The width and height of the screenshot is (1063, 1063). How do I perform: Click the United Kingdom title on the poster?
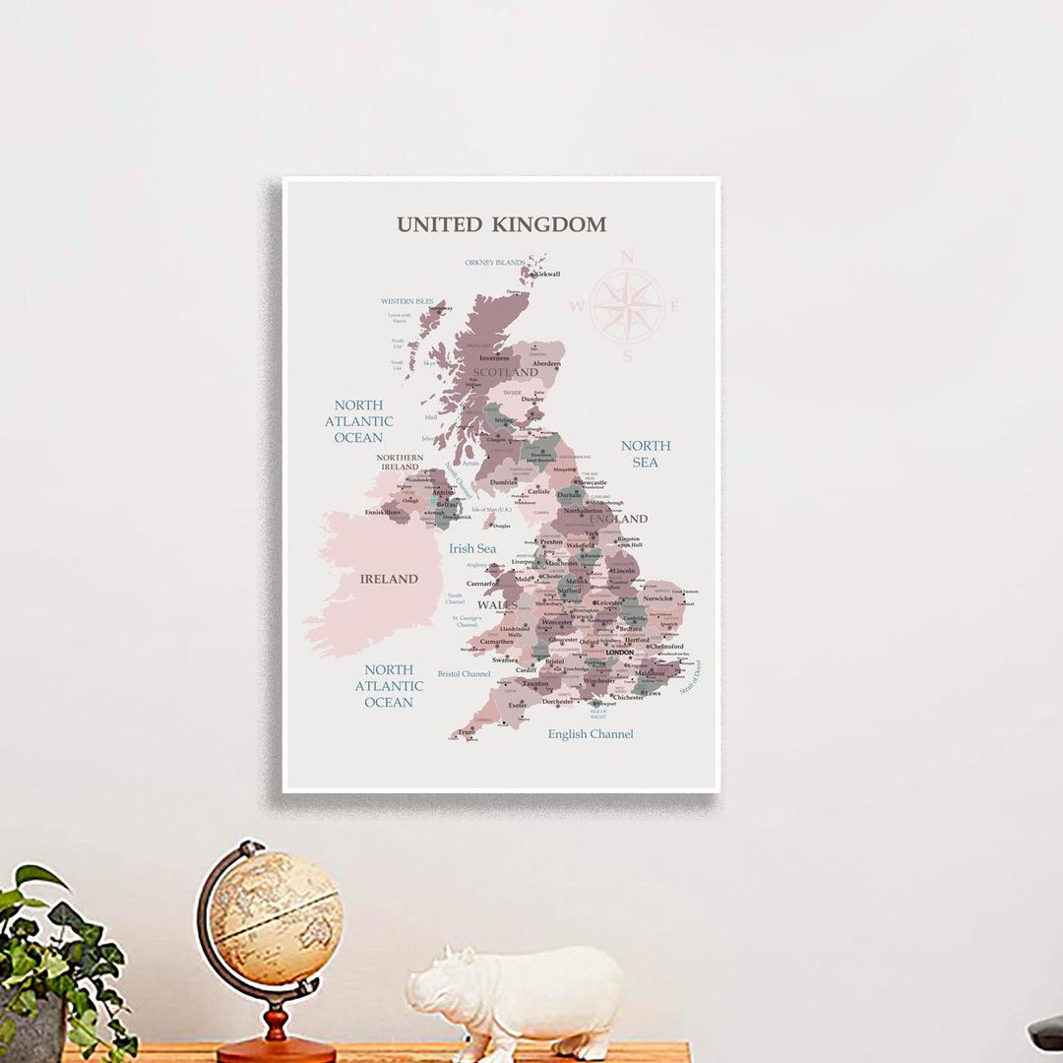coord(501,224)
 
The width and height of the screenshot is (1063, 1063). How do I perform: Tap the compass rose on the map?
coord(627,306)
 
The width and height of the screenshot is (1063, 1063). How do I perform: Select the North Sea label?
coord(645,454)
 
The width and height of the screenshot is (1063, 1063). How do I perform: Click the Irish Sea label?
coord(472,548)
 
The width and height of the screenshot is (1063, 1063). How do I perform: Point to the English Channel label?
coord(591,734)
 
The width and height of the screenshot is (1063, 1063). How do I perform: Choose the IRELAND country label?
coord(388,579)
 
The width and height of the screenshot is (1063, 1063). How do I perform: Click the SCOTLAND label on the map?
coord(506,372)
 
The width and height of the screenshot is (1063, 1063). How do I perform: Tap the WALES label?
coord(497,604)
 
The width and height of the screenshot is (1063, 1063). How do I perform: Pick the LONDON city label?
coord(620,653)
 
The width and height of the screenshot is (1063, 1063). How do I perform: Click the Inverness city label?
coord(494,358)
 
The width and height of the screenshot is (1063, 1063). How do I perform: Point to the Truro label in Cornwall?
coord(467,732)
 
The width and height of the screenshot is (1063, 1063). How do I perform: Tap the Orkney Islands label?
coord(494,263)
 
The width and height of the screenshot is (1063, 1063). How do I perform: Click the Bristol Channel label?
coord(464,674)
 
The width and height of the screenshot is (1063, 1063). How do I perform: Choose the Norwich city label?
coord(657,598)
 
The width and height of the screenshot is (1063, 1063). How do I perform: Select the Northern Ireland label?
coord(400,462)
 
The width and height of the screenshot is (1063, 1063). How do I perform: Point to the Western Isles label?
coord(406,301)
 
